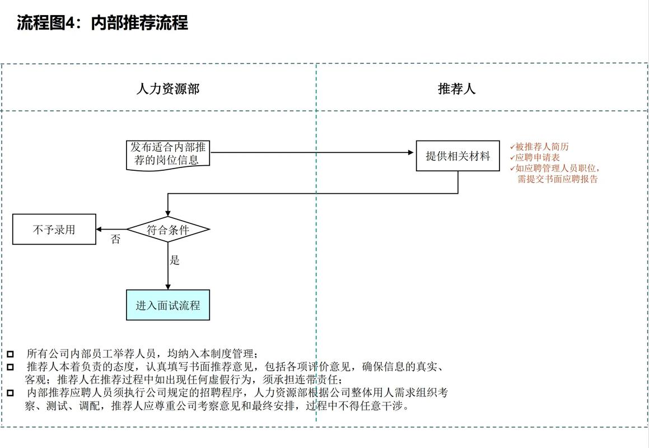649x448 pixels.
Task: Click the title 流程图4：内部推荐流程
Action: point(102,23)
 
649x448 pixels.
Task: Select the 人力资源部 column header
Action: point(167,89)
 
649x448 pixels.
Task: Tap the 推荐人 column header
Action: point(456,89)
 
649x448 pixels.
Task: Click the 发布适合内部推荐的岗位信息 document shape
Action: point(168,154)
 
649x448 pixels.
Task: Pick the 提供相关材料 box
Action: point(457,156)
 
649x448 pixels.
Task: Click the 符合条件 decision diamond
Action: point(168,229)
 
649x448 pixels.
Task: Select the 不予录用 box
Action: point(54,229)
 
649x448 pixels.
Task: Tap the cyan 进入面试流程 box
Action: point(168,305)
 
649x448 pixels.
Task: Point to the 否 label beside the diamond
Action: point(115,240)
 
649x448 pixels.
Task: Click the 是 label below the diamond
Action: point(175,260)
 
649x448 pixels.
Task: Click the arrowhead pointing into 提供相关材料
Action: point(412,152)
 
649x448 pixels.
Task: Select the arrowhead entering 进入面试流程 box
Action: point(168,286)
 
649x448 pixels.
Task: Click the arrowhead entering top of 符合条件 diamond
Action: point(168,213)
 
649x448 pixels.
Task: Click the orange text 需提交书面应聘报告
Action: point(557,179)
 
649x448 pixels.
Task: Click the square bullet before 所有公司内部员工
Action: point(10,354)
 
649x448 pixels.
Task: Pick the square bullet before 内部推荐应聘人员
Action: point(10,393)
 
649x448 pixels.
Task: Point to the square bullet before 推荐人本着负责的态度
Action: point(10,367)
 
